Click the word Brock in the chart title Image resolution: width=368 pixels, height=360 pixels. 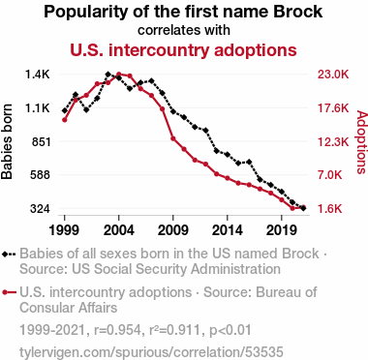pos(297,12)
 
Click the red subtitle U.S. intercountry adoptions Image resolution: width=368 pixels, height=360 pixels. pos(183,50)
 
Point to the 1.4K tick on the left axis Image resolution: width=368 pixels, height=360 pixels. pos(38,75)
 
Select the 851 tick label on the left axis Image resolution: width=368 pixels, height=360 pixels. pos(42,141)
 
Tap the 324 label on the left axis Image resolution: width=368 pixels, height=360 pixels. pos(41,209)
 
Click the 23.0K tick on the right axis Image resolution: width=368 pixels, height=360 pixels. pos(333,75)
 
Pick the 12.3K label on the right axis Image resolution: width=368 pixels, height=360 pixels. pos(333,141)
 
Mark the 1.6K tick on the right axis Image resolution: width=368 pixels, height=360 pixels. pos(329,209)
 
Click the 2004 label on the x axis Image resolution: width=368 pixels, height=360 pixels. pos(119,230)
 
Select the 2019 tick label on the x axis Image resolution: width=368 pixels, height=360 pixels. pos(282,230)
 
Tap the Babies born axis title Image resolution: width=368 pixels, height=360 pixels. pos(7,141)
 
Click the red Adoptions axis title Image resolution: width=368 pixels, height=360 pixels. pos(362,142)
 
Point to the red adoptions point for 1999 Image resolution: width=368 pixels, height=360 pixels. pos(64,120)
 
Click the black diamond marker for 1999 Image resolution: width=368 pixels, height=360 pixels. pos(64,110)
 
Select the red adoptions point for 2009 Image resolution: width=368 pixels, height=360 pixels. pos(173,138)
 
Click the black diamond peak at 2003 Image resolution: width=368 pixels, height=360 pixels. pos(107,75)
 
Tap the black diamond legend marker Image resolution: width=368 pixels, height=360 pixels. pos(5,254)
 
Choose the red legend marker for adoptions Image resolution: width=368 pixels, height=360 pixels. pos(5,292)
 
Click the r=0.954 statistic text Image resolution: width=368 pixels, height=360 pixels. pos(117,330)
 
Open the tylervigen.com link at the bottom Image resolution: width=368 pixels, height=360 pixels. pos(151,351)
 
